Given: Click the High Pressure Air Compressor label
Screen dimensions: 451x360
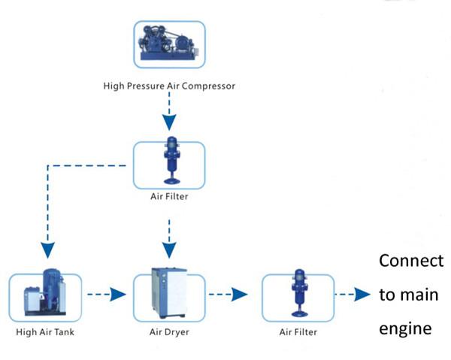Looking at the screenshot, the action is [169, 86].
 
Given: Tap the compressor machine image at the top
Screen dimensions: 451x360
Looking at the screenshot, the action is [168, 43].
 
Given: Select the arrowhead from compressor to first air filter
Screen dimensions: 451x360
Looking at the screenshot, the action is [169, 123].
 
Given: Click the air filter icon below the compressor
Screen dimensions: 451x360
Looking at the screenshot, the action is [171, 160].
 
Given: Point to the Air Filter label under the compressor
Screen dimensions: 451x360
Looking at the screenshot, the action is [169, 196].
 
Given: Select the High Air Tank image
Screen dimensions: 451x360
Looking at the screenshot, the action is [45, 292].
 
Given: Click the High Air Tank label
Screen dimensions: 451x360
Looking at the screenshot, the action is [45, 332].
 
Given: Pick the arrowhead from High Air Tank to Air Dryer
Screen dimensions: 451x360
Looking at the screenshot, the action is [118, 294].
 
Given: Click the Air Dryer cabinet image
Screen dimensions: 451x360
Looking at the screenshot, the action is [169, 292].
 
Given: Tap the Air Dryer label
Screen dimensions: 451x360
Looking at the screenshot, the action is [169, 332].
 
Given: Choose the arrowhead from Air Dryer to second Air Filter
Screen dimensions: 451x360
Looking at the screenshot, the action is [240, 294].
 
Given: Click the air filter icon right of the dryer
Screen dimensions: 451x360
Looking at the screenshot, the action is [300, 293].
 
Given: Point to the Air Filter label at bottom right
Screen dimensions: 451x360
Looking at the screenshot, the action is [298, 332].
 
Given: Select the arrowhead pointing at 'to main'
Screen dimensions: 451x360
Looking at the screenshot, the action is [362, 294].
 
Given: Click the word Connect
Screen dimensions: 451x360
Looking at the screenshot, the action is [411, 261].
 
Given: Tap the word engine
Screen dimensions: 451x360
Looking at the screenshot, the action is [405, 328].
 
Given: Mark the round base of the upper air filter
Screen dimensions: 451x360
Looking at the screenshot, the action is [172, 181].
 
